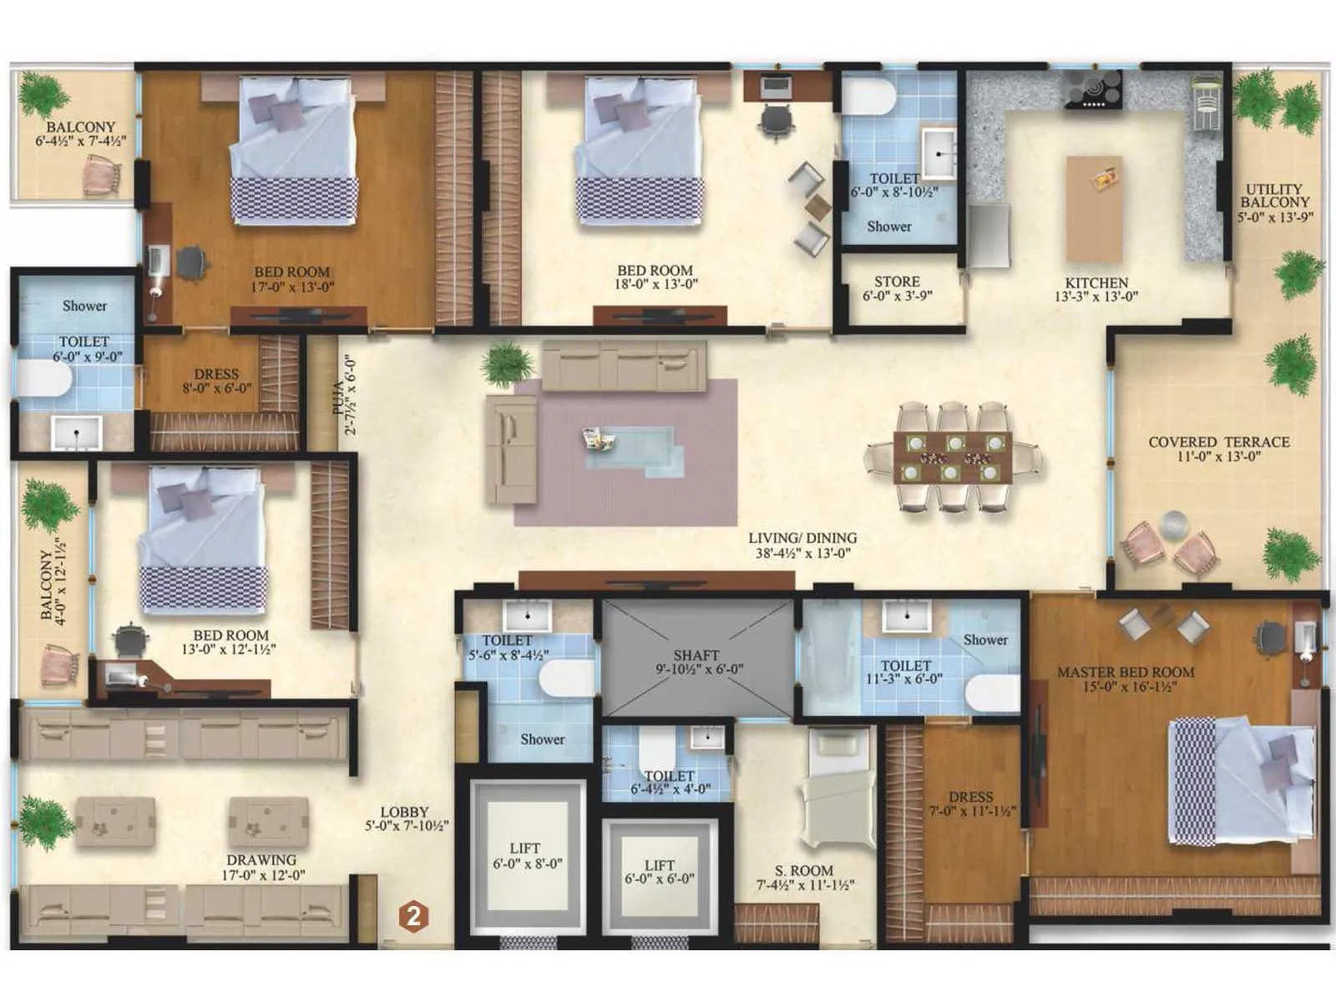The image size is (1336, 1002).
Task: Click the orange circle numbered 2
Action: pyautogui.click(x=413, y=916)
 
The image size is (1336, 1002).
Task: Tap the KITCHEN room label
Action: pyautogui.click(x=1096, y=283)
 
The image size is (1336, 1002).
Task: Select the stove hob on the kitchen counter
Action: pyautogui.click(x=1093, y=88)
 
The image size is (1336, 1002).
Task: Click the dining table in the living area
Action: pyautogui.click(x=953, y=457)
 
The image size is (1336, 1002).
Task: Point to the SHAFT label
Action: pyautogui.click(x=696, y=655)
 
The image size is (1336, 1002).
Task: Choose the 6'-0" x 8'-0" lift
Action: pyautogui.click(x=525, y=855)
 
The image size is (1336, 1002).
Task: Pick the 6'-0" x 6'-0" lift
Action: pyautogui.click(x=660, y=872)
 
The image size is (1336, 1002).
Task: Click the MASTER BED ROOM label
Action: pyautogui.click(x=1126, y=672)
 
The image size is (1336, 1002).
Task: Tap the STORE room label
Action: pyautogui.click(x=897, y=281)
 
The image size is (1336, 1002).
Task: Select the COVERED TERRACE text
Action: pyautogui.click(x=1219, y=442)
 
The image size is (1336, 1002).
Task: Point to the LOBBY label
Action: pyautogui.click(x=405, y=812)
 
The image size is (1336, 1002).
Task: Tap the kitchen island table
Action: pyautogui.click(x=1094, y=209)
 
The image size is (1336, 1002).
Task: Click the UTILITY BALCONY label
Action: pyautogui.click(x=1274, y=195)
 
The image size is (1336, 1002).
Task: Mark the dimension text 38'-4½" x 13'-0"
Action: pyautogui.click(x=803, y=553)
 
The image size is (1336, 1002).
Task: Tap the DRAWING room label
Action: pyautogui.click(x=261, y=860)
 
